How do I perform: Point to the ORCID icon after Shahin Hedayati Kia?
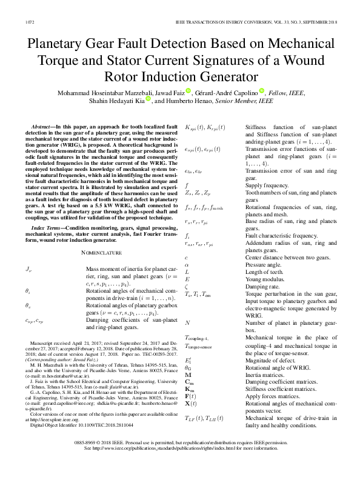tap(148, 101)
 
